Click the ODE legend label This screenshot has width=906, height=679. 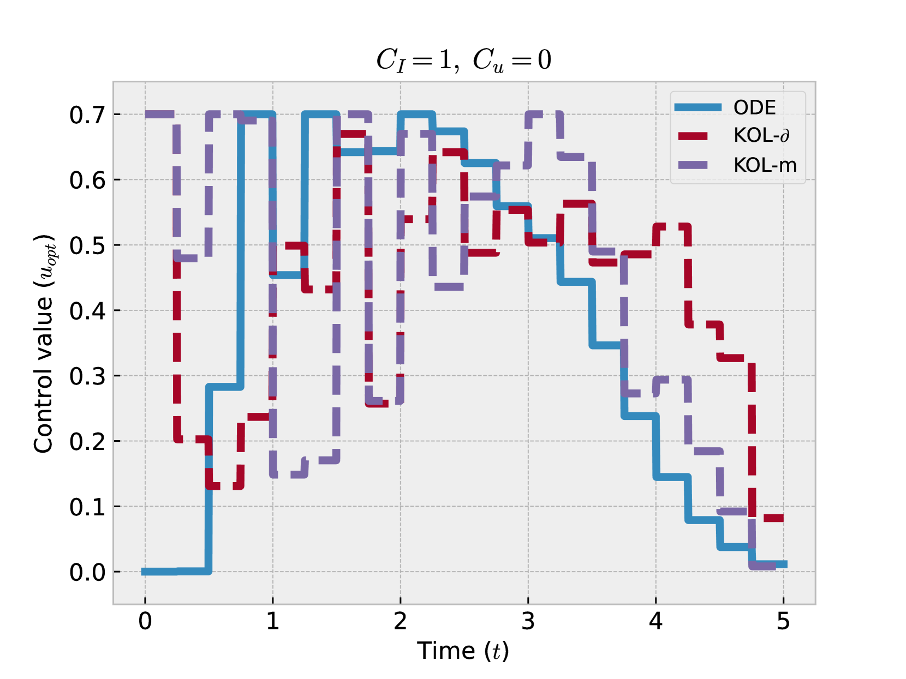pos(754,107)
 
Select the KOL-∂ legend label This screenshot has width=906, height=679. pos(761,136)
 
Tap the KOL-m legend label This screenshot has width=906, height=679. pos(765,165)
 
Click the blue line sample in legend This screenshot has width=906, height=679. pos(698,107)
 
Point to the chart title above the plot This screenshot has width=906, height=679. pos(463,59)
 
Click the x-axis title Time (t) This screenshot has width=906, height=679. pos(463,651)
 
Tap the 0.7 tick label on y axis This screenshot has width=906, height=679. pos(87,115)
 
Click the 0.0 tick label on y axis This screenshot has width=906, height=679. pos(87,572)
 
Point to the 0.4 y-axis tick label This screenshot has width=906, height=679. pos(87,311)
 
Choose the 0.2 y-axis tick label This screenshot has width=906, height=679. pos(87,442)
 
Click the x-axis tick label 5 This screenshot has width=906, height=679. pos(783,621)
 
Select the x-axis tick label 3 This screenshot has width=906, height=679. pos(528,621)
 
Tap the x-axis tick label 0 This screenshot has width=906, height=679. pos(145,621)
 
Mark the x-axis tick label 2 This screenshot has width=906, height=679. pos(400,621)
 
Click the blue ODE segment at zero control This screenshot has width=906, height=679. pos(175,571)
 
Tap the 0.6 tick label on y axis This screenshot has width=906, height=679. pos(87,181)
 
